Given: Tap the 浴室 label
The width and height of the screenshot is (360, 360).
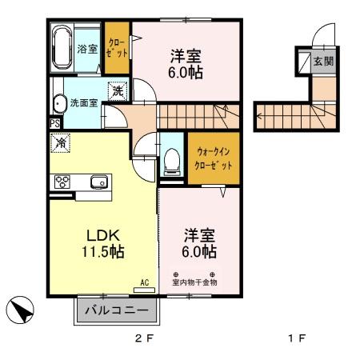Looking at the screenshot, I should [x=86, y=49].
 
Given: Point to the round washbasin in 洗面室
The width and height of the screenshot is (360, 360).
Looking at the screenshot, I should [x=59, y=103].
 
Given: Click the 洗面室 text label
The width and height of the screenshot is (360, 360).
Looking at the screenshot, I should [x=83, y=102].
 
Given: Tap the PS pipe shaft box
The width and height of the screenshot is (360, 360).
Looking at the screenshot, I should [x=54, y=123].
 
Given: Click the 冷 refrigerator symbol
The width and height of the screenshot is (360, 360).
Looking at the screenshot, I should [x=61, y=144].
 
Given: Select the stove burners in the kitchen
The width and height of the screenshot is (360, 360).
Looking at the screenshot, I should [x=62, y=182].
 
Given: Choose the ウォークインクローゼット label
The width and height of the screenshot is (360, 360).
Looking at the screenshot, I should [x=213, y=158].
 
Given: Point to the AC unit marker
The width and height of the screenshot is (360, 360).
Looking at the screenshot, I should [x=145, y=282].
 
